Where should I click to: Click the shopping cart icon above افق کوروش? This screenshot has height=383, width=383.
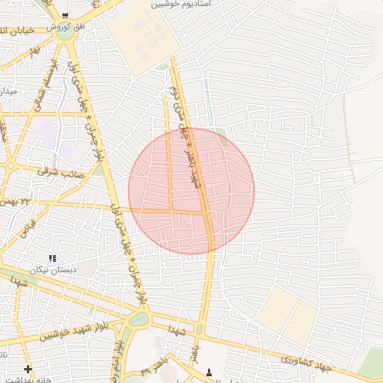[x=66, y=16]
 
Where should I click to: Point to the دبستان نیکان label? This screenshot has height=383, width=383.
[x=49, y=269]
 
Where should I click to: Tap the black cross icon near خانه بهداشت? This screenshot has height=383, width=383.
[x=28, y=369]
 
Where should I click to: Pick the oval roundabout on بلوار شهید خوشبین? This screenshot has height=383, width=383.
[x=138, y=320]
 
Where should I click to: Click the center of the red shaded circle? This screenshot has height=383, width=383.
[x=191, y=191]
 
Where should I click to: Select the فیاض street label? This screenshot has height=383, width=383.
[x=27, y=224]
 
